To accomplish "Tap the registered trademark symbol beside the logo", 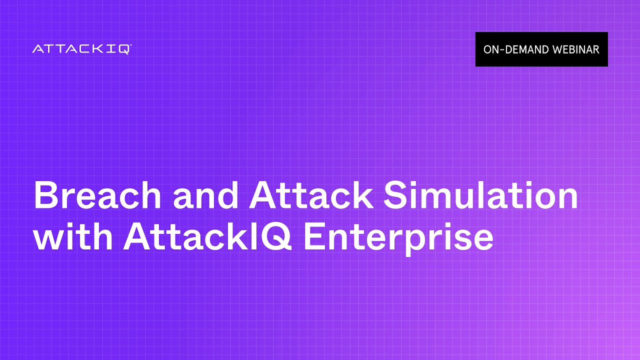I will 131,45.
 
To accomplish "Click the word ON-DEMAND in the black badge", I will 515,49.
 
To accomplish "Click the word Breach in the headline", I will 97,195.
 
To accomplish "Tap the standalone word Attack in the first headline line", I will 311,195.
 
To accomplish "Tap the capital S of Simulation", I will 395,195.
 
